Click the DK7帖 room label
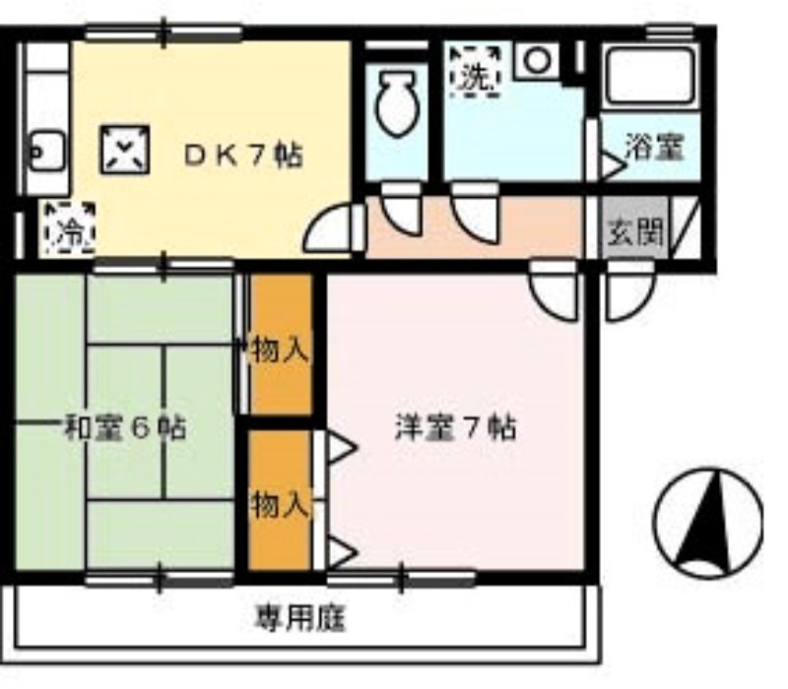pyautogui.click(x=243, y=156)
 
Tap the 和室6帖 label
pyautogui.click(x=126, y=428)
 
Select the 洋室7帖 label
pyautogui.click(x=455, y=428)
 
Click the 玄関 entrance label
pyautogui.click(x=635, y=232)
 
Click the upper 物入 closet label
pyautogui.click(x=280, y=349)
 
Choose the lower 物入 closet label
pyautogui.click(x=280, y=504)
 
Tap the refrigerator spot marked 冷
pyautogui.click(x=69, y=227)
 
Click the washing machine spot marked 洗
pyautogui.click(x=475, y=71)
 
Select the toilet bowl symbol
pyautogui.click(x=398, y=104)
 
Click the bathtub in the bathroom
pyautogui.click(x=651, y=77)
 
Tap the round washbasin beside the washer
pyautogui.click(x=538, y=60)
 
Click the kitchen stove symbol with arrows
pyautogui.click(x=125, y=150)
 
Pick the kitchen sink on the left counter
pyautogui.click(x=47, y=151)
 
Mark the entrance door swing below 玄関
pyautogui.click(x=630, y=289)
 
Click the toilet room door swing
pyautogui.click(x=402, y=209)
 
